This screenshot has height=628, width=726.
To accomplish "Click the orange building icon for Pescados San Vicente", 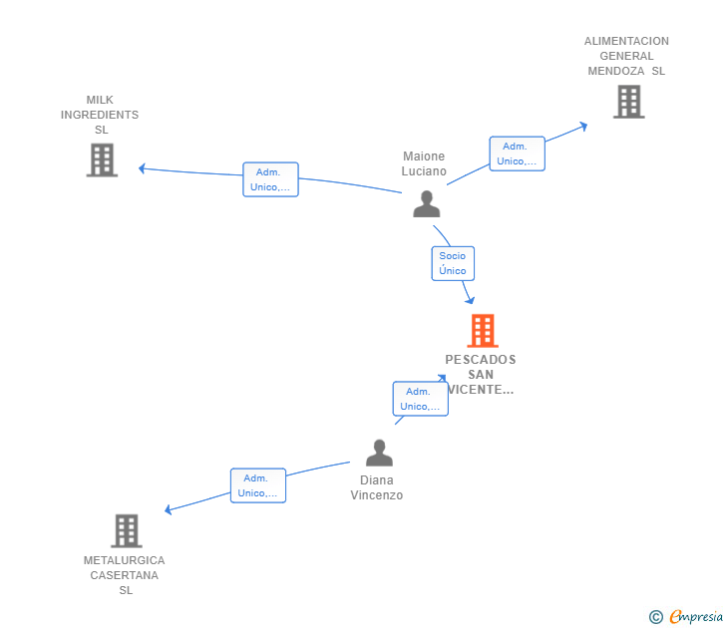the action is [x=483, y=330].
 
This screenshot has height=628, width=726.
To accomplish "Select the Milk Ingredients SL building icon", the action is [x=102, y=160].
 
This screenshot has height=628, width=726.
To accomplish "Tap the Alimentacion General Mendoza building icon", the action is [x=628, y=102].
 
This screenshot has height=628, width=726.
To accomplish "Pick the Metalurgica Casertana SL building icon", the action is [x=127, y=531].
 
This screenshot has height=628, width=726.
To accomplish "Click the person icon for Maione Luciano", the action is [x=427, y=204].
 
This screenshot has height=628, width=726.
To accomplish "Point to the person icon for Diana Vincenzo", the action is [x=379, y=453].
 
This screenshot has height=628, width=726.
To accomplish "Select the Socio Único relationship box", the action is [x=453, y=263].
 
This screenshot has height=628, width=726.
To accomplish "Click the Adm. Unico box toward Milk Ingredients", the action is [x=270, y=179].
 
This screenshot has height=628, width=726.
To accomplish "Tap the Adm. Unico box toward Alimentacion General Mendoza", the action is [x=518, y=154].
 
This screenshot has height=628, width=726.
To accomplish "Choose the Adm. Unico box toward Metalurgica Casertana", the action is [x=258, y=485].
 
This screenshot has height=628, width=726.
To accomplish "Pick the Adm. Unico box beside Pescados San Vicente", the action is [x=421, y=399].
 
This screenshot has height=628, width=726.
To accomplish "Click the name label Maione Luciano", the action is [x=424, y=163].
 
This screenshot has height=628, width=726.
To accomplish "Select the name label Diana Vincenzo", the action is [x=376, y=487].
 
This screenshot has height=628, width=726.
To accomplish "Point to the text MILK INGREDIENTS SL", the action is [x=100, y=115].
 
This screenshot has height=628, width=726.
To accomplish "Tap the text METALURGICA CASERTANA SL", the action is [x=124, y=575].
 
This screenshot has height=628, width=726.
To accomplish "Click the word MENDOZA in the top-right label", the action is [x=616, y=71].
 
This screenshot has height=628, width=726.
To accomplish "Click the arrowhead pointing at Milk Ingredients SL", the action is [x=142, y=168].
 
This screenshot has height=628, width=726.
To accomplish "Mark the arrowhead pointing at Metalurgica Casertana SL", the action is [x=169, y=509].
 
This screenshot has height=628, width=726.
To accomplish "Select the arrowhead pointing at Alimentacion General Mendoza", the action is [x=584, y=126].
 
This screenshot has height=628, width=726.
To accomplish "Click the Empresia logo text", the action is [x=696, y=616].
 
